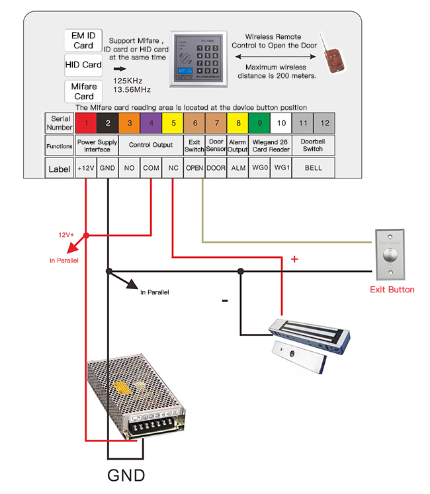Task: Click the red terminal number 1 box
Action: [x=86, y=123]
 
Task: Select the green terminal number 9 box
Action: [x=260, y=123]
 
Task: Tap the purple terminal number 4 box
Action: [x=151, y=123]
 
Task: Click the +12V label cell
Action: [x=86, y=168]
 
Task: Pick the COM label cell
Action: [x=151, y=168]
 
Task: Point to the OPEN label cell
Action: [x=194, y=168]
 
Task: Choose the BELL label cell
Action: [x=313, y=168]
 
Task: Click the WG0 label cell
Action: [x=260, y=168]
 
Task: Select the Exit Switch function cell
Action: [x=194, y=145]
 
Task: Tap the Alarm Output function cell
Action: [x=237, y=145]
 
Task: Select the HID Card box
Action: [x=83, y=65]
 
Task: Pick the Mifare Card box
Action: [x=83, y=91]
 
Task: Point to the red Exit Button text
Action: [x=392, y=289]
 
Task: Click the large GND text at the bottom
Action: [x=126, y=474]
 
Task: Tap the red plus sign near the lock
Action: [x=294, y=260]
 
